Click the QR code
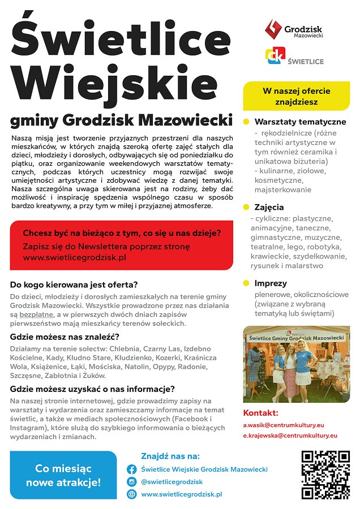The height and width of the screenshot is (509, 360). pyautogui.click(x=325, y=475)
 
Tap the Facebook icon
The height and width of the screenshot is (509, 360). pyautogui.click(x=131, y=469)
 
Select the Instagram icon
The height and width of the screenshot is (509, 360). pyautogui.click(x=131, y=482)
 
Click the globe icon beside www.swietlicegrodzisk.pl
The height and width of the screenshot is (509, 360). pyautogui.click(x=131, y=494)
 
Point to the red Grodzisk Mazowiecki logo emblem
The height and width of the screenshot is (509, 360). pyautogui.click(x=273, y=29)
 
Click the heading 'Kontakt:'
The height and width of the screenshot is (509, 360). pyautogui.click(x=260, y=412)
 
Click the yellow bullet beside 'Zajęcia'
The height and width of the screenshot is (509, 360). pyautogui.click(x=246, y=207)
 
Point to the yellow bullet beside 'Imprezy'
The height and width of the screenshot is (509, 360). pyautogui.click(x=246, y=283)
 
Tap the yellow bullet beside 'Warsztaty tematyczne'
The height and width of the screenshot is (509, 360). pyautogui.click(x=246, y=122)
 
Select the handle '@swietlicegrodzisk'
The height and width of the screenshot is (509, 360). pyautogui.click(x=172, y=482)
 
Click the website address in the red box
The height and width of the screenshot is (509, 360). pyautogui.click(x=74, y=257)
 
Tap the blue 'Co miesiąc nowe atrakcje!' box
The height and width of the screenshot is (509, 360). pyautogui.click(x=63, y=476)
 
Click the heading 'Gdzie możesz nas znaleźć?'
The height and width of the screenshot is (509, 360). pyautogui.click(x=65, y=337)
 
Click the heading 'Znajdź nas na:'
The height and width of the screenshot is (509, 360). pyautogui.click(x=170, y=455)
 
